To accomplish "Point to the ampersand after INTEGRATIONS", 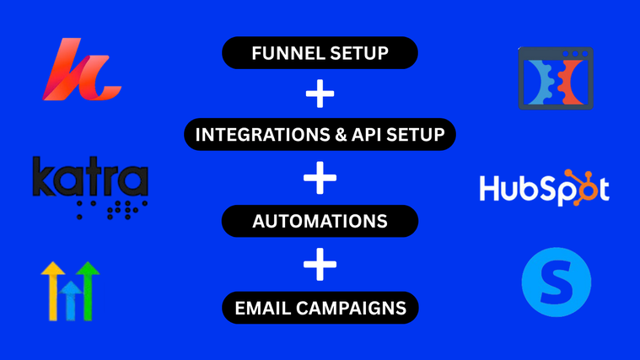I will pos(338,135).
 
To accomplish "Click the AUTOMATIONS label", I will pos(320,221).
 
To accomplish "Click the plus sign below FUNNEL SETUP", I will pos(320,94).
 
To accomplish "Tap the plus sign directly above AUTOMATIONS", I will pos(320,179).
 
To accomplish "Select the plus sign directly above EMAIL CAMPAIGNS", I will pos(320,266).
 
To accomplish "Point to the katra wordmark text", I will pos(89,179).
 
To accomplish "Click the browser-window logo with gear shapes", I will pos(556,78).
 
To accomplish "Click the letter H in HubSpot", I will pos(491,190).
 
